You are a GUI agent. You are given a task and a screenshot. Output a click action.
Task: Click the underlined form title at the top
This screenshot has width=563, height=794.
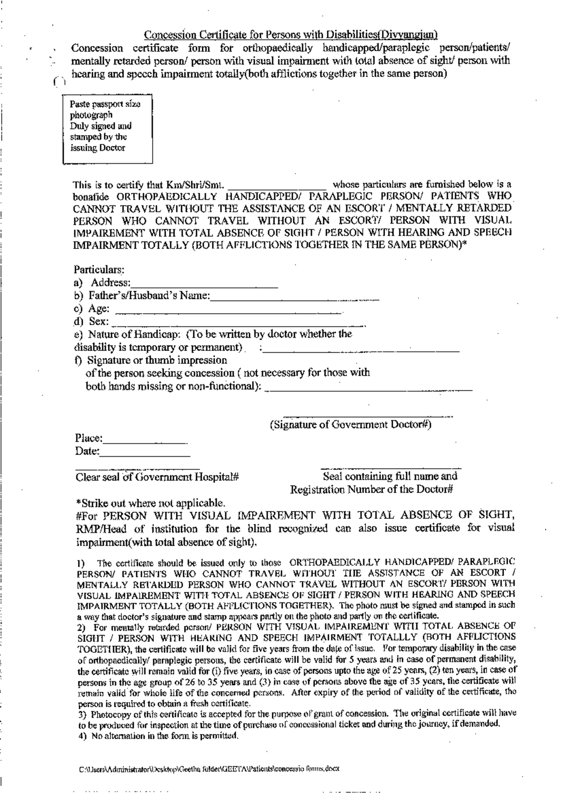click(x=290, y=35)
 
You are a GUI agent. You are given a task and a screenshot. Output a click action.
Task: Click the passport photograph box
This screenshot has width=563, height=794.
click(x=108, y=129)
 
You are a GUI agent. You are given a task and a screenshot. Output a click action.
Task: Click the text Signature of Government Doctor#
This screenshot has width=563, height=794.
click(x=350, y=425)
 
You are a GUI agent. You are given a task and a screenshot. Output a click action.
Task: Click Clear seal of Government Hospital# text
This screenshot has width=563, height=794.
click(x=158, y=477)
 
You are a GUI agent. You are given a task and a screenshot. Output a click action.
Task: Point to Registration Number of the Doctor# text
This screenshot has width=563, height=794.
click(x=371, y=490)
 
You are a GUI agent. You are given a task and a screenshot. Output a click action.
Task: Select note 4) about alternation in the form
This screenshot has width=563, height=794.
click(x=158, y=735)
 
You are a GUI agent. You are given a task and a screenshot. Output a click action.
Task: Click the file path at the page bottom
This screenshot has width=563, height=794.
click(x=209, y=770)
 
